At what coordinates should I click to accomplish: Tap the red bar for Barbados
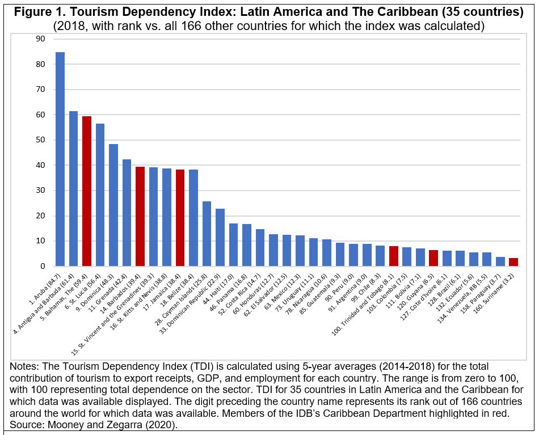point(140,217)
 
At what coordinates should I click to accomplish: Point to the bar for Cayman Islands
point(207,234)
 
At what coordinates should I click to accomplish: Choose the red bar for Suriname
point(513,262)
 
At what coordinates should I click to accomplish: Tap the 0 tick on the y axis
point(42,267)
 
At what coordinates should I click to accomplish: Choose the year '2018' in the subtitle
point(69,26)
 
